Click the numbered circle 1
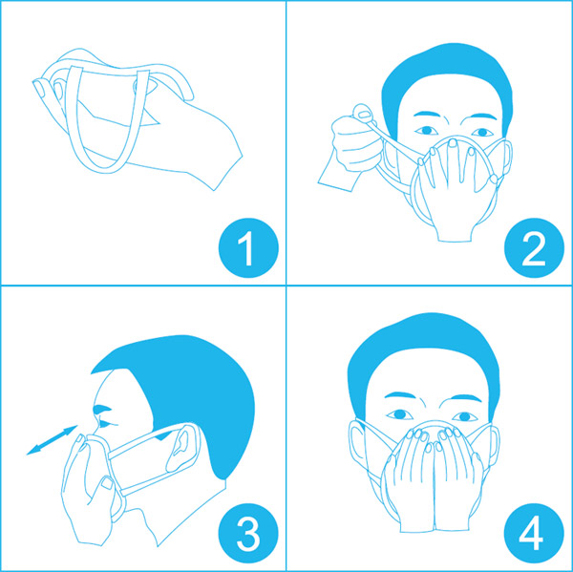[x=248, y=248]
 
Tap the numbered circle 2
[x=534, y=248]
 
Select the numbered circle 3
[x=248, y=533]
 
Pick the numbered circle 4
[x=534, y=533]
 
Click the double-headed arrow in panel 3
[x=52, y=440]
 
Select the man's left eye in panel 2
[x=482, y=132]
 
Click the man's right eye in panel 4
[x=400, y=414]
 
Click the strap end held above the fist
[x=363, y=114]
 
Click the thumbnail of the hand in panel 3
[x=107, y=483]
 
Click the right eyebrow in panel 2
[x=426, y=114]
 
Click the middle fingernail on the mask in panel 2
[x=453, y=143]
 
